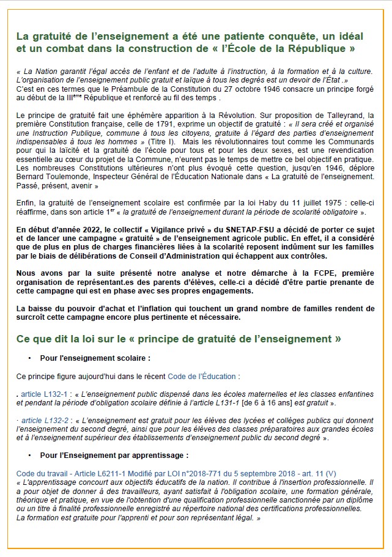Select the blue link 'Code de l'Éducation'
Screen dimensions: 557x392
tap(202, 377)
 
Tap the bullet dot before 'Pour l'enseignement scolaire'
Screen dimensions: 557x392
tap(29, 357)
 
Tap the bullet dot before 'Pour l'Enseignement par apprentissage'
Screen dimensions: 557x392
tap(29, 456)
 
